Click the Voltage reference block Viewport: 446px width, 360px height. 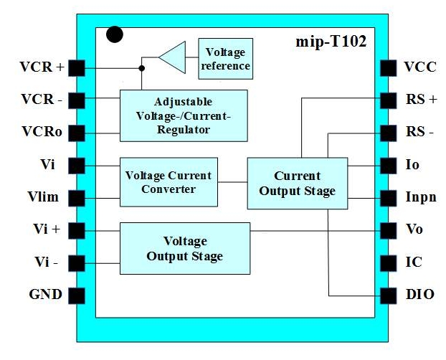226,59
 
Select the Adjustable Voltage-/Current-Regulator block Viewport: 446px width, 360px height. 183,115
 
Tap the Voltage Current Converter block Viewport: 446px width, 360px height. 169,182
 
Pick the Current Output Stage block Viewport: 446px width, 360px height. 297,184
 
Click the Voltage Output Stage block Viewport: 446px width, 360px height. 184,248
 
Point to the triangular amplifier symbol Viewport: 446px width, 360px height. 172,58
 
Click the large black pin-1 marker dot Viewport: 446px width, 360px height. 113,34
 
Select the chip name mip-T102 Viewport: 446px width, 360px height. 331,42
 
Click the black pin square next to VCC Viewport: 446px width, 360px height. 388,68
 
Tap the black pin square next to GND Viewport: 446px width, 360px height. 76,295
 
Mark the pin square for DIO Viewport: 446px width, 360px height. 388,295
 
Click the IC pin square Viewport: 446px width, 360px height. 388,262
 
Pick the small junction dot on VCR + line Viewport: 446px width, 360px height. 141,68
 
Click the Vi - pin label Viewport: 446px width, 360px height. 48,262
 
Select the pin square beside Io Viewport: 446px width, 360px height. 388,166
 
